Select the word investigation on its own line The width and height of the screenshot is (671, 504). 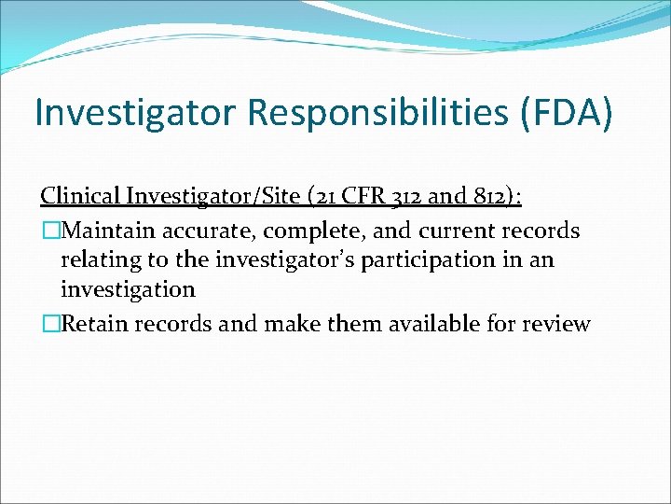point(128,289)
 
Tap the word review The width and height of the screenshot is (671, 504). point(557,324)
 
